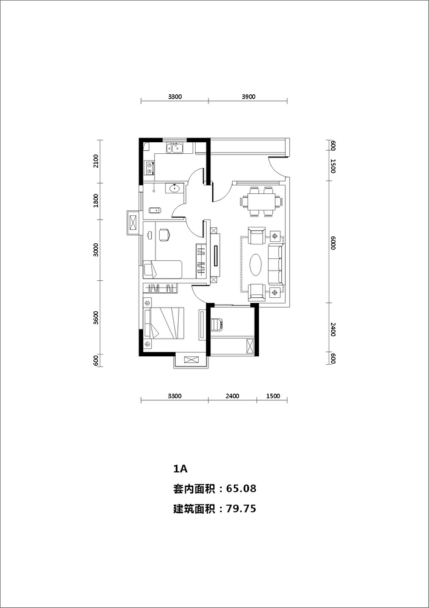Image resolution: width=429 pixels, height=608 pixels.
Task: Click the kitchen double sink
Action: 174,148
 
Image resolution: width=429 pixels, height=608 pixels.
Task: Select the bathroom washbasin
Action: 174,188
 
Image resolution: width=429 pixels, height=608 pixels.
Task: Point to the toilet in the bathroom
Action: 156,210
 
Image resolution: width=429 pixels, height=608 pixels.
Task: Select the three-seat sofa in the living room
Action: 276,264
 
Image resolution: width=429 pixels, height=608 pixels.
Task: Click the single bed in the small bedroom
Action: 163,269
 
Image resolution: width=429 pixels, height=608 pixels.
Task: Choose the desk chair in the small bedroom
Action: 164,235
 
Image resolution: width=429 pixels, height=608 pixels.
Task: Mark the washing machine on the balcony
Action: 216,325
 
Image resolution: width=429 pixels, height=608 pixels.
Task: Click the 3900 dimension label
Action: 249,97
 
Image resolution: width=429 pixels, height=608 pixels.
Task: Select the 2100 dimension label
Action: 96,161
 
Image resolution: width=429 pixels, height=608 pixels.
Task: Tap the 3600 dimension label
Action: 96,317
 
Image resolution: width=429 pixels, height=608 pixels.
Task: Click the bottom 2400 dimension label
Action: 232,396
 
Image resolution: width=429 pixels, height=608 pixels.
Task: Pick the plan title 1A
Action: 180,469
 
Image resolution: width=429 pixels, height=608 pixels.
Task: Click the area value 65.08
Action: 241,489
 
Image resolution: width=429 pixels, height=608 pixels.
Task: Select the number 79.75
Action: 241,508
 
